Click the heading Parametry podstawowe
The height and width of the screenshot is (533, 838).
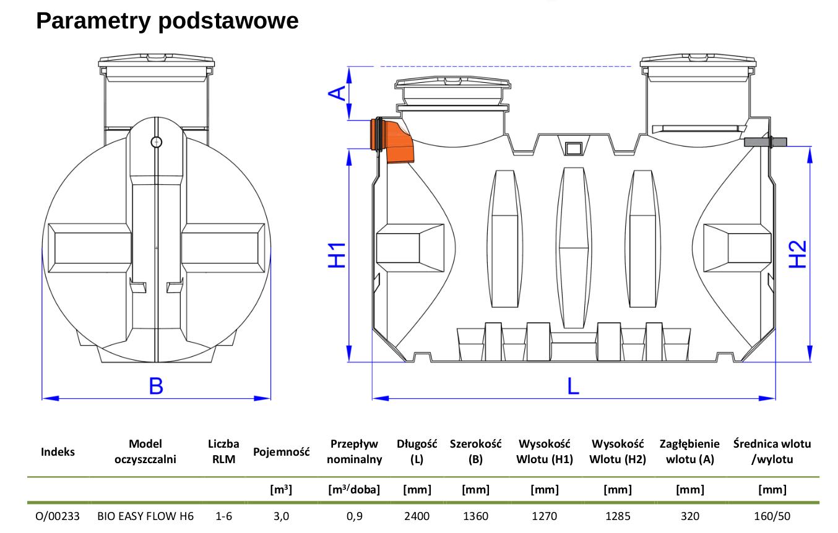point(167,21)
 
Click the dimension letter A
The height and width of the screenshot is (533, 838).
point(337,93)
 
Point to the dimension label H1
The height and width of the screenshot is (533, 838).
point(336,255)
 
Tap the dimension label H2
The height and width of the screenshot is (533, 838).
point(798,254)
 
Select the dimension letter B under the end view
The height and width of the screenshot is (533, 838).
point(156,386)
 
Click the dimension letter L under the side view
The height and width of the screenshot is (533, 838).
point(573,386)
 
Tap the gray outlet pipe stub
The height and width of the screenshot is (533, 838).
point(765,142)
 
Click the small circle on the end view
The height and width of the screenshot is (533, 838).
point(157,142)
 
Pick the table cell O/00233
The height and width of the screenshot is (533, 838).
point(58,516)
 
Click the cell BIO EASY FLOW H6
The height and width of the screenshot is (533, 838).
point(145,516)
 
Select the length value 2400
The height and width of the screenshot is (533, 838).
point(417,516)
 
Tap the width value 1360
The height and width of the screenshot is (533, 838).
point(475,516)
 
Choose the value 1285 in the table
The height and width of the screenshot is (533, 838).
point(617,516)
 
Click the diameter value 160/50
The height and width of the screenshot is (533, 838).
point(772,516)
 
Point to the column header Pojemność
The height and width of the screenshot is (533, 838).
point(281,452)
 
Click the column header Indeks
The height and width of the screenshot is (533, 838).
point(58,452)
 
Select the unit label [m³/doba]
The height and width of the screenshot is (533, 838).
point(354,490)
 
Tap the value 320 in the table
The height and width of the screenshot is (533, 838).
point(689,516)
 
